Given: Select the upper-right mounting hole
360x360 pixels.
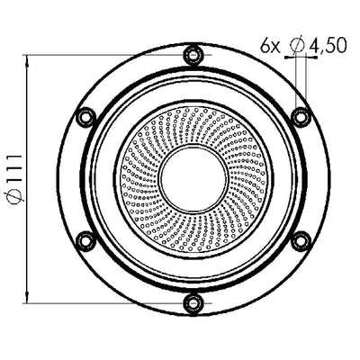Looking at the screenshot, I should point(301,116).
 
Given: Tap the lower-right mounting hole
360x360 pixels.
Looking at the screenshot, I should point(301,240).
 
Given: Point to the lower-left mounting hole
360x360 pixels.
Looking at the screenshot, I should point(85,240).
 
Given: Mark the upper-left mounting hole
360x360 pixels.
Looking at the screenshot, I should point(85,116).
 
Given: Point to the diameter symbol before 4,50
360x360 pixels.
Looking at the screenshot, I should point(298,43).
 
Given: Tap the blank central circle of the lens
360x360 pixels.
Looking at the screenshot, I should point(193,178).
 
